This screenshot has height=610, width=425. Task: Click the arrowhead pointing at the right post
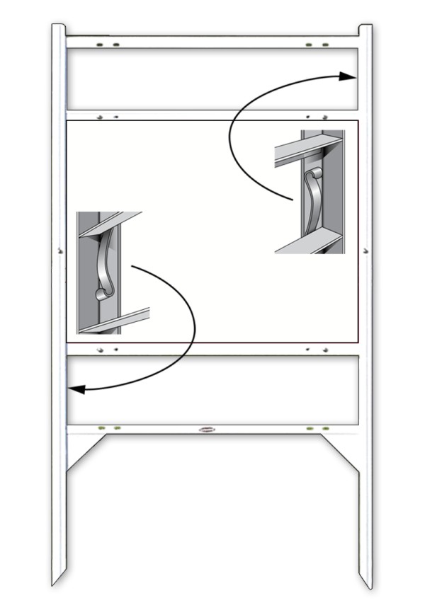point(348,76)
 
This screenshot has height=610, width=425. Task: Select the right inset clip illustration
point(310,192)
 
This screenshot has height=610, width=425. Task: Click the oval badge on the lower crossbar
point(208,430)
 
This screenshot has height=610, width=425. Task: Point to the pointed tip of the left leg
point(54,584)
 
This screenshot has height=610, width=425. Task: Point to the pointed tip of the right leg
point(368,585)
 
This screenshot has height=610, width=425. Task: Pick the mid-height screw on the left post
point(59,249)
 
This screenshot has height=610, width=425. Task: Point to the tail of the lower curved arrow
point(133,266)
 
